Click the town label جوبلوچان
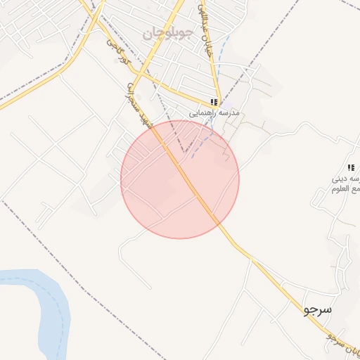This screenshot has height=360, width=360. tap(166, 33)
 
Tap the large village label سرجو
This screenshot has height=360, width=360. tap(318, 309)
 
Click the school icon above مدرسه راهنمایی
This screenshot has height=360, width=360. tap(214, 102)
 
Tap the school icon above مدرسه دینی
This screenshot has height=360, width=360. tap(351, 167)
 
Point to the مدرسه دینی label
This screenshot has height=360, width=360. tap(345, 178)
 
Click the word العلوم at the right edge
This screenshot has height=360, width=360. tap(348, 188)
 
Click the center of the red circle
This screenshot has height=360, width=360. tap(180, 179)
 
